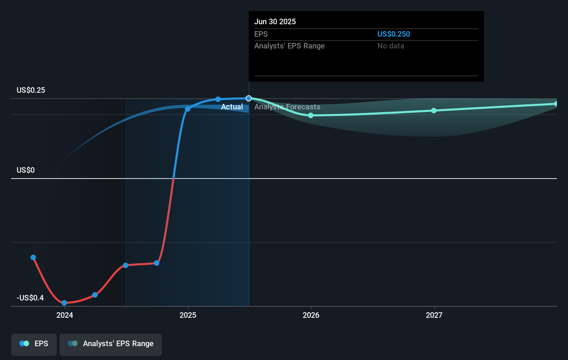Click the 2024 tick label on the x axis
pyautogui.click(x=65, y=315)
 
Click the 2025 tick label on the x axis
pyautogui.click(x=188, y=315)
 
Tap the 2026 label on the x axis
pyautogui.click(x=311, y=315)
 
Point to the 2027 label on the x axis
pyautogui.click(x=434, y=315)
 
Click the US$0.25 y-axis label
pyautogui.click(x=31, y=90)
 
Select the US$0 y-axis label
pyautogui.click(x=26, y=170)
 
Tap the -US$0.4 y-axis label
pyautogui.click(x=30, y=298)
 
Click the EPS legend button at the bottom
pyautogui.click(x=34, y=344)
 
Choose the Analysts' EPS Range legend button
pyautogui.click(x=111, y=344)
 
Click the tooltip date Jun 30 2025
pyautogui.click(x=275, y=21)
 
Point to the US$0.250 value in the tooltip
pyautogui.click(x=393, y=34)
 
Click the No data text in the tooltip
pyautogui.click(x=391, y=46)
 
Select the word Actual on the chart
pyautogui.click(x=232, y=107)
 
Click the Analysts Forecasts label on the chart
pyautogui.click(x=287, y=107)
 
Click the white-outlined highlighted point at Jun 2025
pyautogui.click(x=249, y=98)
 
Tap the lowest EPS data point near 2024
pyautogui.click(x=64, y=303)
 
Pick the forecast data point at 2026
pyautogui.click(x=311, y=115)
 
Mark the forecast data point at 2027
pyautogui.click(x=434, y=110)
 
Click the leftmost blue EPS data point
pyautogui.click(x=33, y=257)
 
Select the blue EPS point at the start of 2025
pyautogui.click(x=187, y=109)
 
